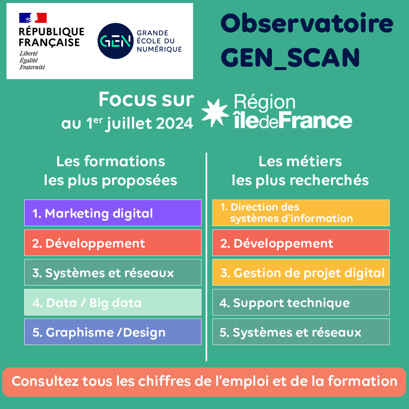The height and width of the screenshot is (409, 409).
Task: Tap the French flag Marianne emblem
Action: [33, 18]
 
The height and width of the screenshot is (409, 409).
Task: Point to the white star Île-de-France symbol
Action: [215, 112]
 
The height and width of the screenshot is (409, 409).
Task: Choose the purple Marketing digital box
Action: [112, 213]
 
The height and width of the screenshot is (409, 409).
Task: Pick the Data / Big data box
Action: [112, 303]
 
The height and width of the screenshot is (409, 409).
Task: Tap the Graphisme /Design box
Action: [112, 332]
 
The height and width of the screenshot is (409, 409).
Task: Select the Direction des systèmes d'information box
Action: [301, 213]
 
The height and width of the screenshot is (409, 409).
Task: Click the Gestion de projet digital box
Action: [301, 272]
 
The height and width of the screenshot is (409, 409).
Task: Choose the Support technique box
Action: [301, 302]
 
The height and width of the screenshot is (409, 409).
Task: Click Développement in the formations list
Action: [112, 243]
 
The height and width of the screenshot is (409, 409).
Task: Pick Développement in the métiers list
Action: [301, 243]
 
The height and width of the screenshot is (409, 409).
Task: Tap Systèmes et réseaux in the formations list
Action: [112, 272]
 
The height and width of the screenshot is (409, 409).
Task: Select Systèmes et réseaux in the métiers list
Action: [301, 332]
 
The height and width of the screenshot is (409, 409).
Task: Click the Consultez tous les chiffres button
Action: [204, 381]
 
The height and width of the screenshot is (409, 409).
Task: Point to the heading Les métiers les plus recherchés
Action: [300, 171]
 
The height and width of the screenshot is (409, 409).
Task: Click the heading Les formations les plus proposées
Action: [111, 171]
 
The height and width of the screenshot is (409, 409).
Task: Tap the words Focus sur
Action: [146, 100]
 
